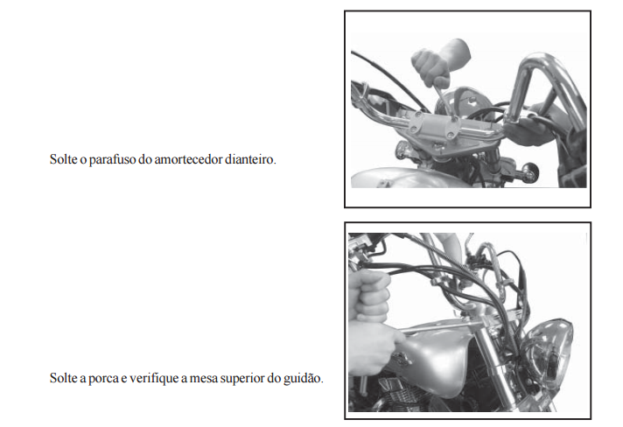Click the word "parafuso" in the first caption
click(113, 159)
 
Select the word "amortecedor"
click(188, 159)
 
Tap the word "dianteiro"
click(250, 159)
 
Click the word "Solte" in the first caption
click(64, 159)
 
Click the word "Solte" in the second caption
click(64, 378)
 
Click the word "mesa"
click(203, 379)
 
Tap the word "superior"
click(241, 379)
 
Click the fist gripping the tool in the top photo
click(437, 64)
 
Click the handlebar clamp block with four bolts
click(434, 125)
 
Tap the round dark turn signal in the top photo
click(529, 171)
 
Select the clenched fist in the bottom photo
click(368, 295)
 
